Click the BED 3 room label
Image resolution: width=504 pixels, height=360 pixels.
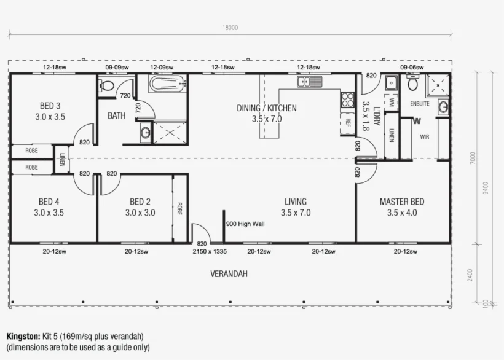tap(50, 106)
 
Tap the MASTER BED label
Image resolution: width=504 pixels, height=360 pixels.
tap(402, 202)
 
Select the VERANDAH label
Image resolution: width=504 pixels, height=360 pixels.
tap(229, 274)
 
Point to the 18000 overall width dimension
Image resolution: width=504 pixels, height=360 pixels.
tap(230, 28)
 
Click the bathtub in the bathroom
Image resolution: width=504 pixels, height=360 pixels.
tap(167, 84)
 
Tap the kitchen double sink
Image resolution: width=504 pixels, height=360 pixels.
tap(309, 82)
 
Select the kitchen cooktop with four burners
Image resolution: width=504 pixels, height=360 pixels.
tap(347, 100)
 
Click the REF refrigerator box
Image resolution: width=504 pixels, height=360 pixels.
tap(348, 122)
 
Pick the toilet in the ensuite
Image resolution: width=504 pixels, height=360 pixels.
tap(412, 83)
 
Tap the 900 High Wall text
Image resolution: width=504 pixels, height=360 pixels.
tap(245, 224)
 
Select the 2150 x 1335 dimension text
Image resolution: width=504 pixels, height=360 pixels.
tap(210, 251)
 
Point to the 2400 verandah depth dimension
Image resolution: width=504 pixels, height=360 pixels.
tap(470, 275)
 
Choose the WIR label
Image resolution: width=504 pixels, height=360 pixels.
tap(424, 137)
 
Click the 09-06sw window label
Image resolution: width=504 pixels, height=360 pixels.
tap(412, 68)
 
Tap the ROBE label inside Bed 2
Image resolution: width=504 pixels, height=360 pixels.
tap(179, 208)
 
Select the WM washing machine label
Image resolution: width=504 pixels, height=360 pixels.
tap(391, 102)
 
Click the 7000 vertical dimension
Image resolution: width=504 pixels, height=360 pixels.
tap(473, 158)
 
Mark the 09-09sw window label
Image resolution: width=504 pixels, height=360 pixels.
tap(117, 68)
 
